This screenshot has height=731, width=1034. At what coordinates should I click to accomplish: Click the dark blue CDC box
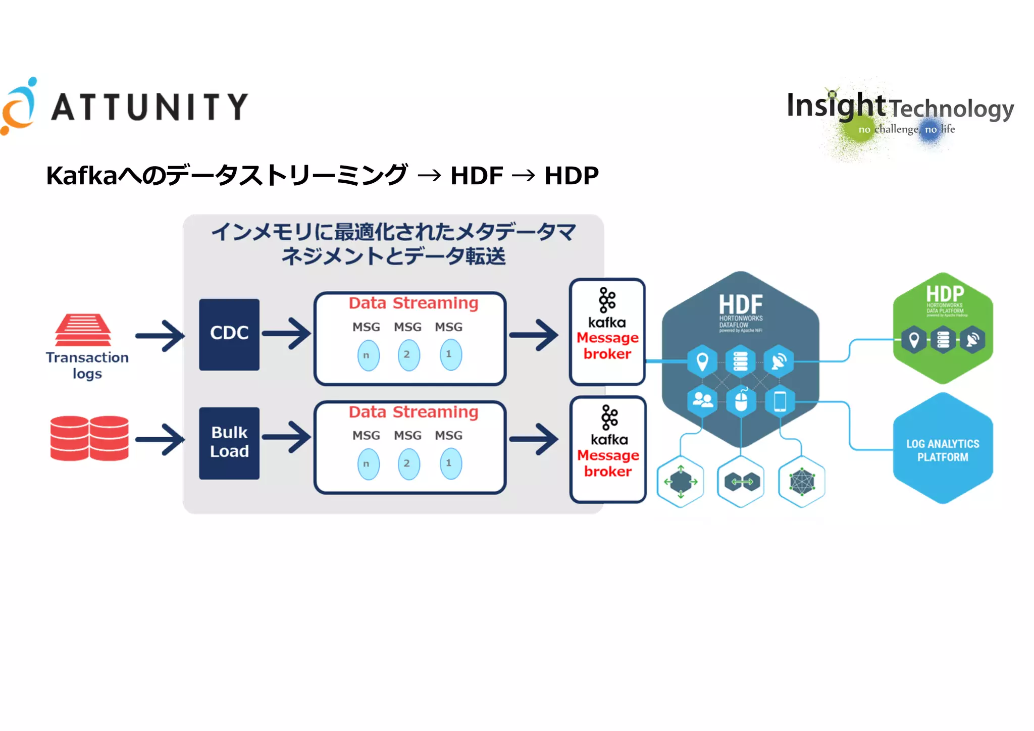pos(229,334)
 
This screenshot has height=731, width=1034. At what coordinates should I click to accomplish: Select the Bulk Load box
pos(229,443)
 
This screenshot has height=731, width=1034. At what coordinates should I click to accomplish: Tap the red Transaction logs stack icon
pos(83,330)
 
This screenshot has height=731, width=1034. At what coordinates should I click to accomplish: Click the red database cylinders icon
pos(89,438)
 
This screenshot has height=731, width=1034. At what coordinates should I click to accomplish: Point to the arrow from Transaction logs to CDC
pos(161,336)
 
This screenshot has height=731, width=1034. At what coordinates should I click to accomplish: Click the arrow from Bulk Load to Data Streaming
pos(287,437)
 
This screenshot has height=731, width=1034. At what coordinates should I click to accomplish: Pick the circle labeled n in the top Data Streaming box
pos(368,355)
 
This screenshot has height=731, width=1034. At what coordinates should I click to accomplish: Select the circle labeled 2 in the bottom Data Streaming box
pos(408,463)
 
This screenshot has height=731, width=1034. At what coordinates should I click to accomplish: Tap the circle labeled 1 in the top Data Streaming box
pos(450,354)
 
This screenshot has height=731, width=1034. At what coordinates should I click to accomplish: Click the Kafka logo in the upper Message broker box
pos(607,300)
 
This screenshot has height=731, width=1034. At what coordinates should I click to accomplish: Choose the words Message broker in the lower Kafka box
pos(608,463)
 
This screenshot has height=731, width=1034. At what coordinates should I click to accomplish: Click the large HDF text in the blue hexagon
pos(741,304)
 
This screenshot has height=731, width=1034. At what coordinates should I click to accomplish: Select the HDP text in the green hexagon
pos(945,293)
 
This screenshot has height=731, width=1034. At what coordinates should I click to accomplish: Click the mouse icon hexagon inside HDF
pos(741,402)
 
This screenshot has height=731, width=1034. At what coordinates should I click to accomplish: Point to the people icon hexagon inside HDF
pos(702,401)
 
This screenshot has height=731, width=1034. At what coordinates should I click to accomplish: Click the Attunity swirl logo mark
pos(19,107)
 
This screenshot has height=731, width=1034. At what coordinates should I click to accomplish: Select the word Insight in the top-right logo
pos(836,106)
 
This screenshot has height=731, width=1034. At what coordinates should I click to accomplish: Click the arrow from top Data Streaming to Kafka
pos(534,335)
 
